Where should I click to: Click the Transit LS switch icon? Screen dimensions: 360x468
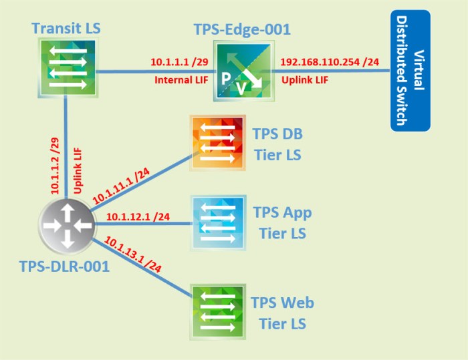pos(66,67)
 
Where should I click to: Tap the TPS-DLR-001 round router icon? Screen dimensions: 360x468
pos(65,225)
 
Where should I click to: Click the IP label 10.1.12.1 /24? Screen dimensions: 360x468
pos(137,216)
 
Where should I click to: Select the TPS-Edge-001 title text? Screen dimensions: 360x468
pos(242,29)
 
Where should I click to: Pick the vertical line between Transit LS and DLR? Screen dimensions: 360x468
pos(66,147)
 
